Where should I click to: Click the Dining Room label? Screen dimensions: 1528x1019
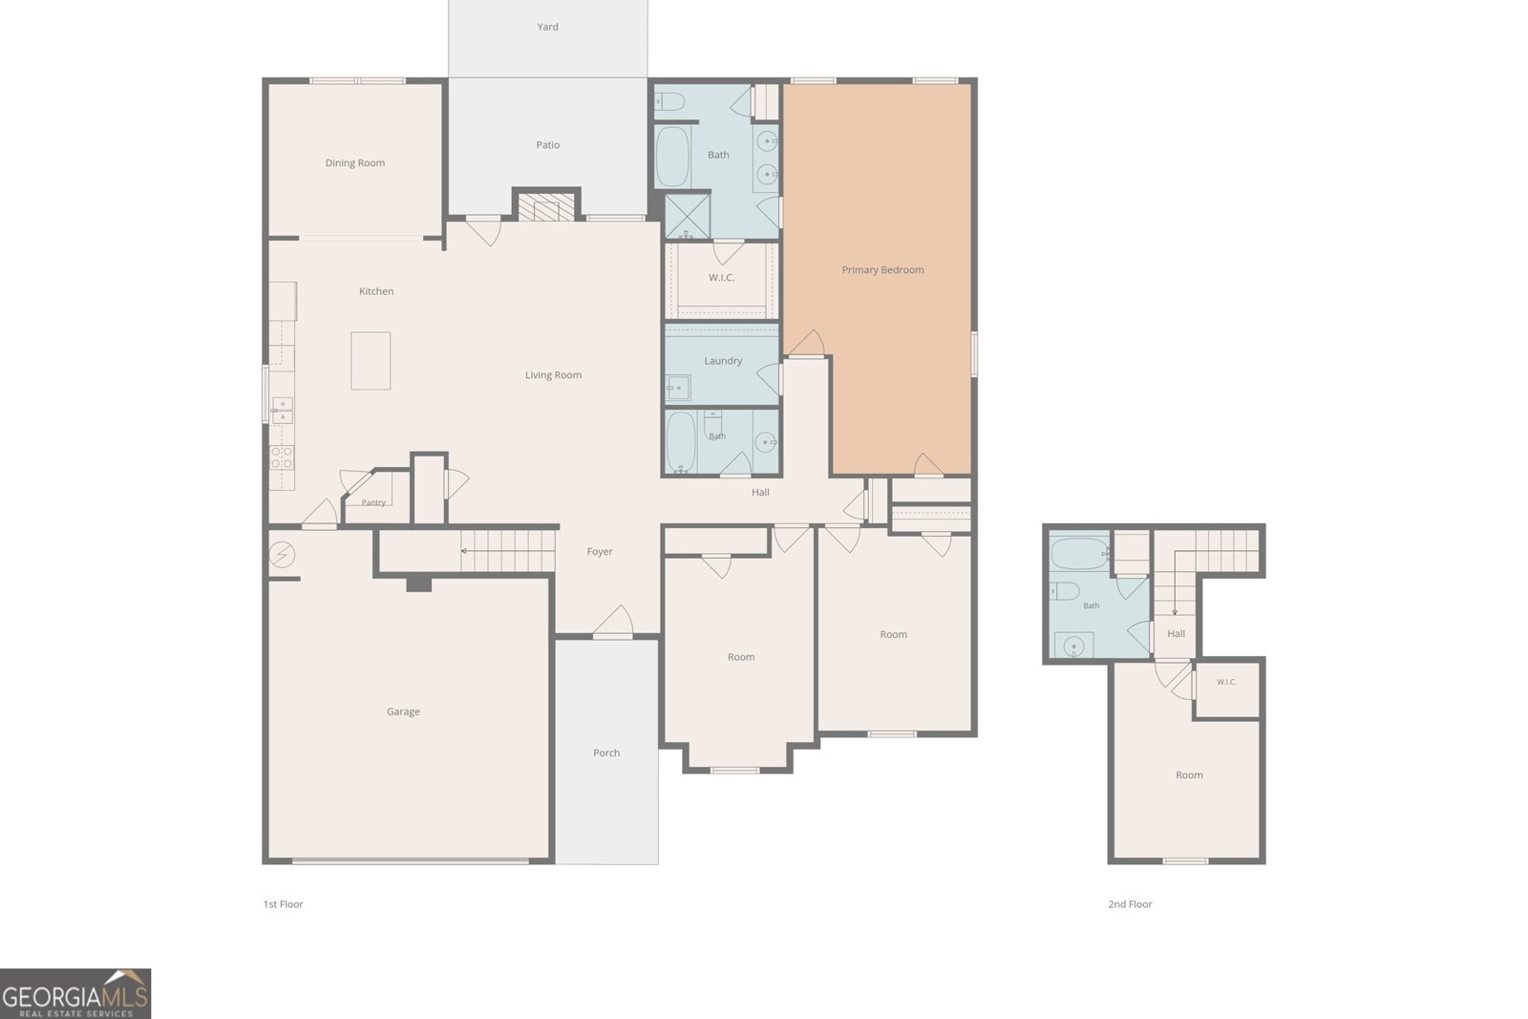(354, 163)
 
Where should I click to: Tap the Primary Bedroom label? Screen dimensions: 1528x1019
(882, 270)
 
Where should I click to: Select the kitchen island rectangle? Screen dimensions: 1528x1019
(371, 361)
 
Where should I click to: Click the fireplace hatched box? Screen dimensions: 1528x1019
(545, 206)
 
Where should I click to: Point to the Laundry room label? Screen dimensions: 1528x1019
(723, 361)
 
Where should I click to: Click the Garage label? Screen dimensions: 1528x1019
(403, 712)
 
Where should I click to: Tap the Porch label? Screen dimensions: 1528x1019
(606, 753)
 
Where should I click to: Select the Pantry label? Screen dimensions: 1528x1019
(373, 502)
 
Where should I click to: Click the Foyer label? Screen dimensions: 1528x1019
(600, 552)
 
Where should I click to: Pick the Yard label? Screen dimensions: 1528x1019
(548, 28)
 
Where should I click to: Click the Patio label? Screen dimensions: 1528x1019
(548, 145)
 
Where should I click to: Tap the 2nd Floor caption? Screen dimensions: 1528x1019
(1130, 904)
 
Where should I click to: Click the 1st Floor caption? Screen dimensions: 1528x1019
(283, 904)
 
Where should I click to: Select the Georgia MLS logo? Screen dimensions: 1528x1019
(75, 994)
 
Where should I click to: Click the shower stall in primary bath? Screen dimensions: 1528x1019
(687, 216)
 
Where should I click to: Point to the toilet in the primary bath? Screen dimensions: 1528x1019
(669, 101)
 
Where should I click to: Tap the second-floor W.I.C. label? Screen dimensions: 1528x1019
(1226, 682)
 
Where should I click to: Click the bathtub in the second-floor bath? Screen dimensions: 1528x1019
(1079, 554)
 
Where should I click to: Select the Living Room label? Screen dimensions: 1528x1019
(553, 375)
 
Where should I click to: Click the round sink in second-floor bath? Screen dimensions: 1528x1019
(1073, 646)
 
